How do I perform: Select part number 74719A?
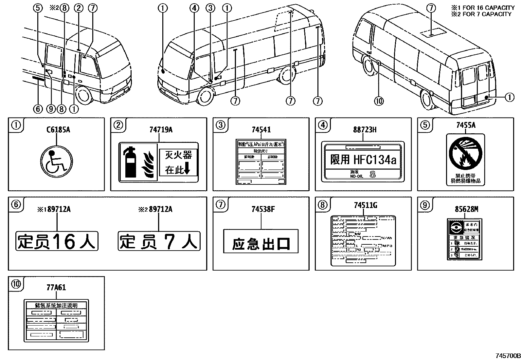161,130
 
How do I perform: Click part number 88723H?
365,130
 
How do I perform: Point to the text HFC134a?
375,160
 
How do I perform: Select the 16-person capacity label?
57,241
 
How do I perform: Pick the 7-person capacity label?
159,241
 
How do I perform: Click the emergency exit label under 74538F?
261,241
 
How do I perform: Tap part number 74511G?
366,205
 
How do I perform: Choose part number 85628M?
467,209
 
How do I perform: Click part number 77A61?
56,288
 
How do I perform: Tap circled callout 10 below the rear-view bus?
379,101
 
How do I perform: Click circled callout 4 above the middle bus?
194,8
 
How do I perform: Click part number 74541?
261,130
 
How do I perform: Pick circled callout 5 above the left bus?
38,8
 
